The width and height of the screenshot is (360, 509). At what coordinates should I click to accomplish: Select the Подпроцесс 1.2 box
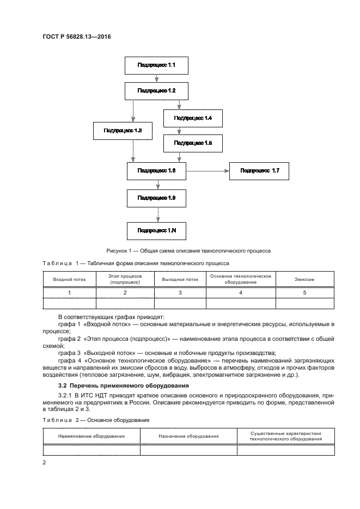click(x=157, y=90)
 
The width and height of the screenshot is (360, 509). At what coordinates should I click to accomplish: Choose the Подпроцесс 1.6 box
click(x=157, y=171)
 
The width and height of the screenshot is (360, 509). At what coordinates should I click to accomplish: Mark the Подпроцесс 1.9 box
click(x=157, y=198)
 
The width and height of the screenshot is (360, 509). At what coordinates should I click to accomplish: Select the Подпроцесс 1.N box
click(x=157, y=230)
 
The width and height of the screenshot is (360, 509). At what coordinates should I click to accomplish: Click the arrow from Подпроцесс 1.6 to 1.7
click(x=208, y=171)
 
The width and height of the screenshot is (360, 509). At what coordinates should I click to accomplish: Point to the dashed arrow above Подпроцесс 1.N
click(x=157, y=214)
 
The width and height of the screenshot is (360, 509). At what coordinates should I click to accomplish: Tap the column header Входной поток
click(x=70, y=279)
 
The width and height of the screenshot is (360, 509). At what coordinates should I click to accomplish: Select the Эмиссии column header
click(x=305, y=279)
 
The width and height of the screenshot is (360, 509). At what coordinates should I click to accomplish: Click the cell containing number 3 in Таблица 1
click(x=180, y=293)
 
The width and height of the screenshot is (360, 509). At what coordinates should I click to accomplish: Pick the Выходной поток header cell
click(x=180, y=279)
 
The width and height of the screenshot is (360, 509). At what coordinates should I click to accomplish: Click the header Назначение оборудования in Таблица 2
click(x=189, y=436)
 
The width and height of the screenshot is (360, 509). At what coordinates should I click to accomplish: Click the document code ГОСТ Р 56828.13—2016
click(x=77, y=37)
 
